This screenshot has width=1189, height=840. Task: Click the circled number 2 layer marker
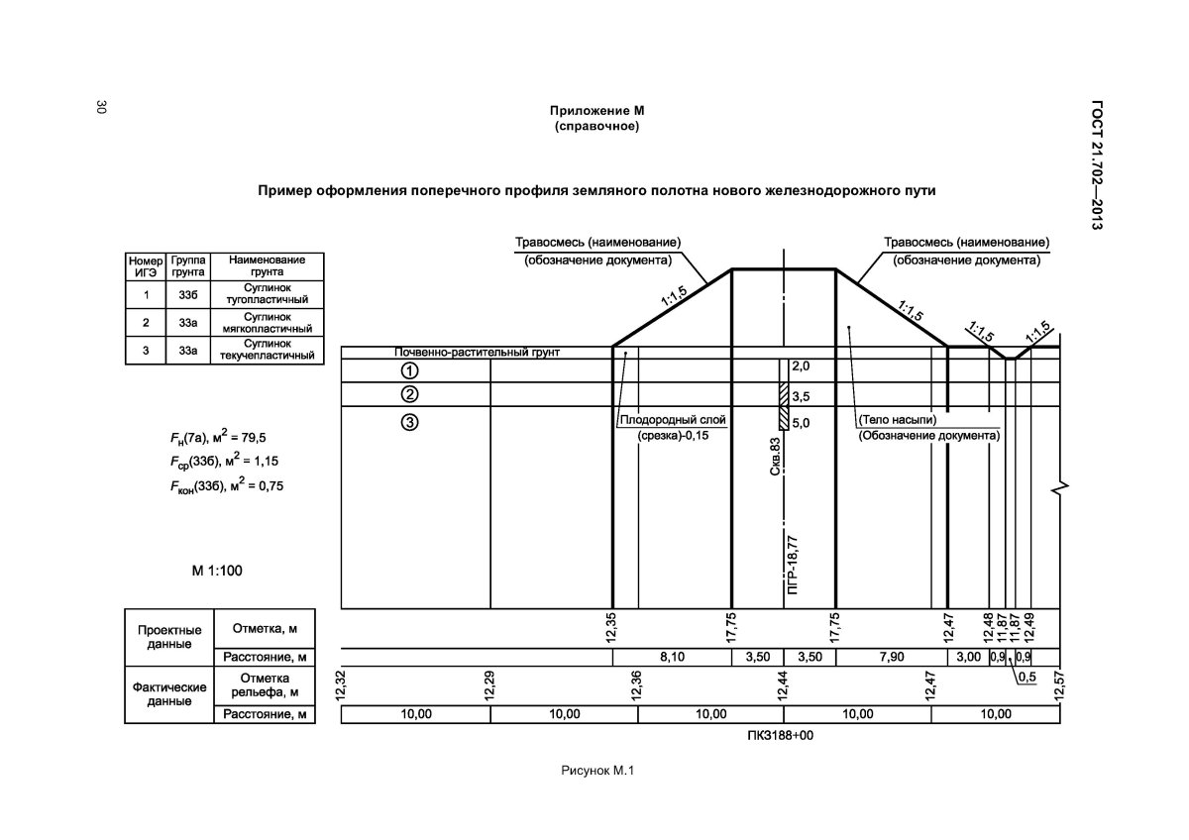(x=408, y=395)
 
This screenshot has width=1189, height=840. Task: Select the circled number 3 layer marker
(x=408, y=423)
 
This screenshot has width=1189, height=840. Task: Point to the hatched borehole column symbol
(x=783, y=406)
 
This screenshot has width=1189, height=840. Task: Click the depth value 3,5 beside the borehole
(x=801, y=396)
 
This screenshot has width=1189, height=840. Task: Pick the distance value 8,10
(x=673, y=657)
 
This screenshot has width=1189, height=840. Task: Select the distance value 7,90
(x=891, y=657)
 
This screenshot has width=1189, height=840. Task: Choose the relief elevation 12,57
(x=1058, y=684)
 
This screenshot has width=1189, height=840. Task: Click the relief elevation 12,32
(x=342, y=684)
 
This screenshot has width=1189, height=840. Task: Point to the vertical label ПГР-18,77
(x=791, y=563)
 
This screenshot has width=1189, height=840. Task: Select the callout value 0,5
(x=1026, y=678)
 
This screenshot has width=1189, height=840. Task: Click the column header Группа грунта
(x=187, y=265)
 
